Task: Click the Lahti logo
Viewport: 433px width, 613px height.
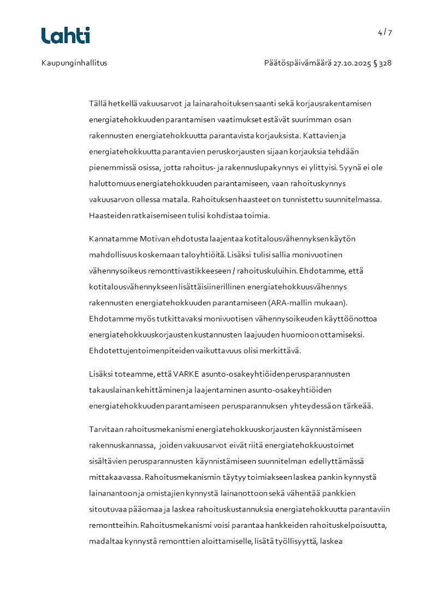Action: coord(66,35)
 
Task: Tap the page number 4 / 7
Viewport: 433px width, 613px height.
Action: coord(384,32)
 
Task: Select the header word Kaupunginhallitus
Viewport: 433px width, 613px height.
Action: coord(74,63)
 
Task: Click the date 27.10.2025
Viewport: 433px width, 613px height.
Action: coord(352,63)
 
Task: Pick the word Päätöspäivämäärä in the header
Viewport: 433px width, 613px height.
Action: coord(298,63)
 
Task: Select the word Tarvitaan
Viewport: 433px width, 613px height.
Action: coord(105,429)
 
